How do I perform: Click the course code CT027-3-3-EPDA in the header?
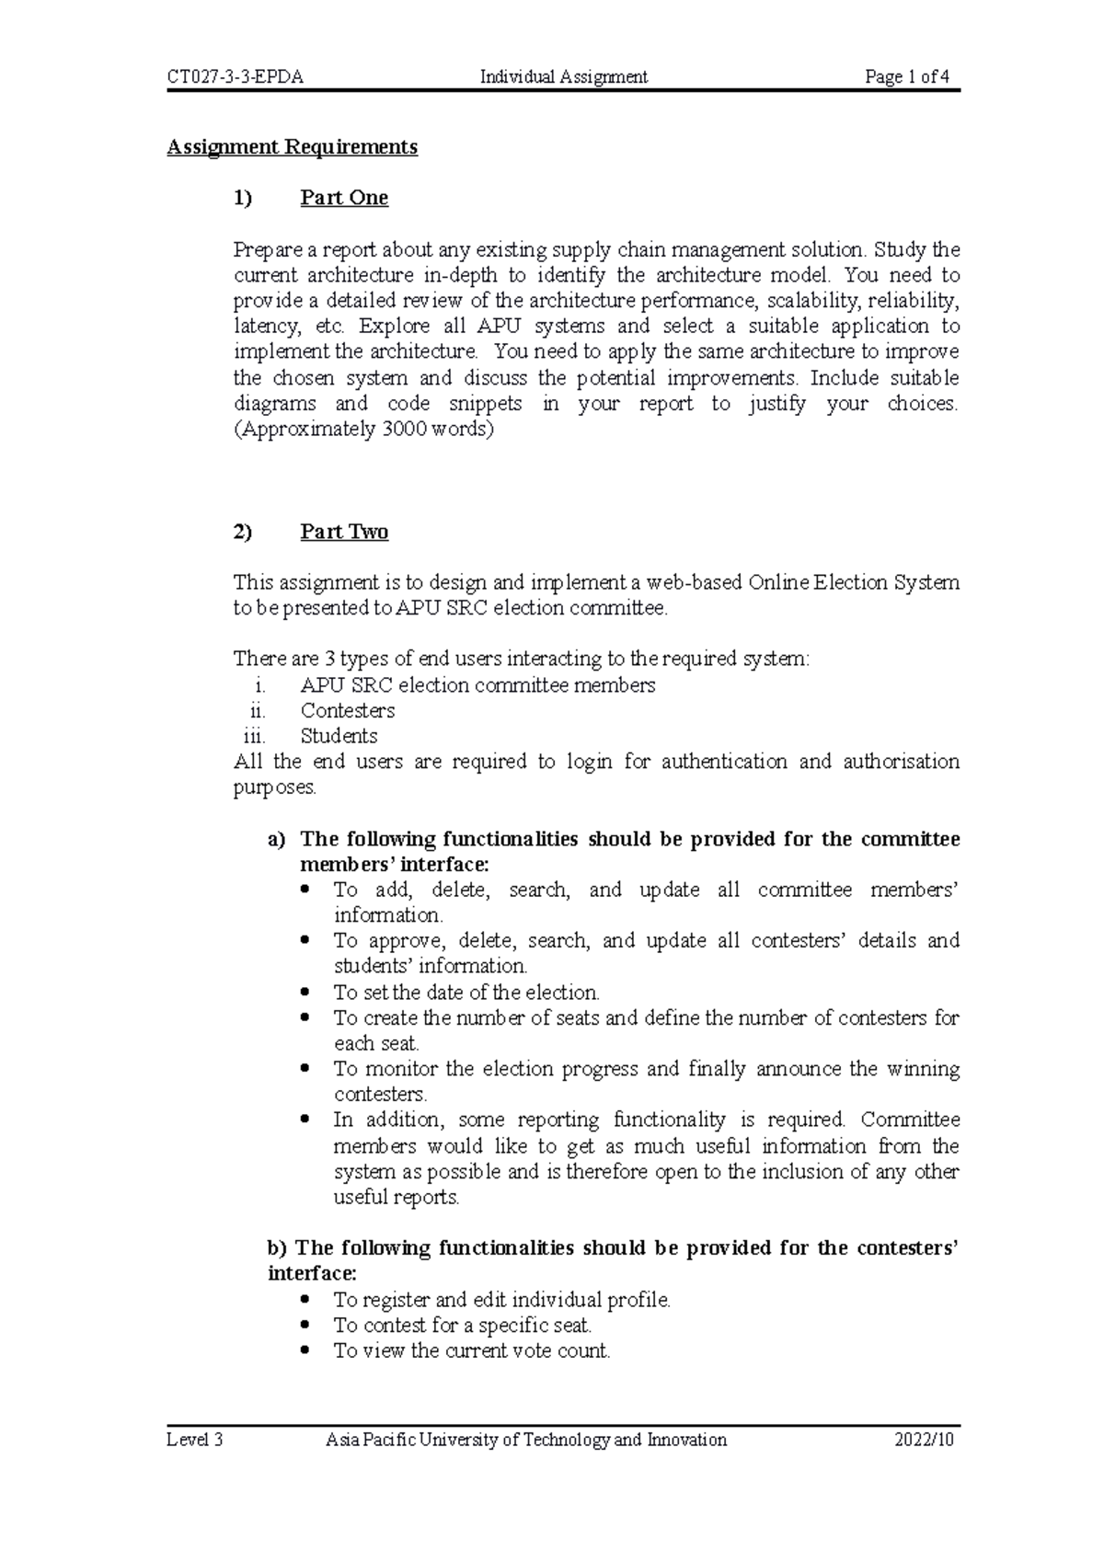[x=235, y=77]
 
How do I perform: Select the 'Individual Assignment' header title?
[x=564, y=77]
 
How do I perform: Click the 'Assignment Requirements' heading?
[x=292, y=147]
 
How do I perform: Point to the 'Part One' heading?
[x=344, y=198]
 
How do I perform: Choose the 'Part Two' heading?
[x=344, y=532]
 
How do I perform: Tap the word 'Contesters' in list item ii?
[x=348, y=711]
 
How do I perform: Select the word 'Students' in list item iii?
[x=339, y=736]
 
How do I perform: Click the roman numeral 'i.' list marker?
[x=260, y=685]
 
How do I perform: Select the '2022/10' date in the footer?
[x=925, y=1440]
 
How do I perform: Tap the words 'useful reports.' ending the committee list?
[x=397, y=1198]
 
